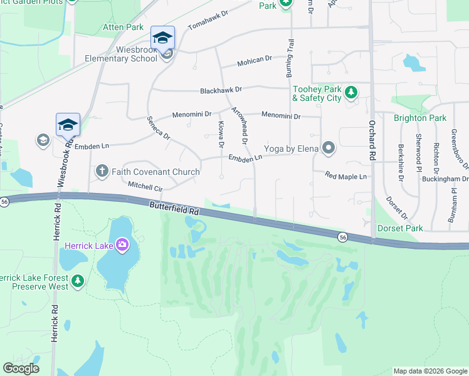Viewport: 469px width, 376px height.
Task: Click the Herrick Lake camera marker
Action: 122,244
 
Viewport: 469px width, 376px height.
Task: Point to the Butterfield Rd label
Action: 174,209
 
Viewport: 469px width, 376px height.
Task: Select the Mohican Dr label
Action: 254,63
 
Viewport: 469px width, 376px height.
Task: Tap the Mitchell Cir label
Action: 145,187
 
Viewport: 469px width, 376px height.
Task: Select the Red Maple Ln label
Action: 345,177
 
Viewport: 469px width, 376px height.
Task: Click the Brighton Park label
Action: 419,118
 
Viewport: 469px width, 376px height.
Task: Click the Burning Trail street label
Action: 291,58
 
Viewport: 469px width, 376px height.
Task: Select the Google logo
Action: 21,368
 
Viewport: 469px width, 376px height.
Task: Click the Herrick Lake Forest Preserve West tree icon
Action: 78,281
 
